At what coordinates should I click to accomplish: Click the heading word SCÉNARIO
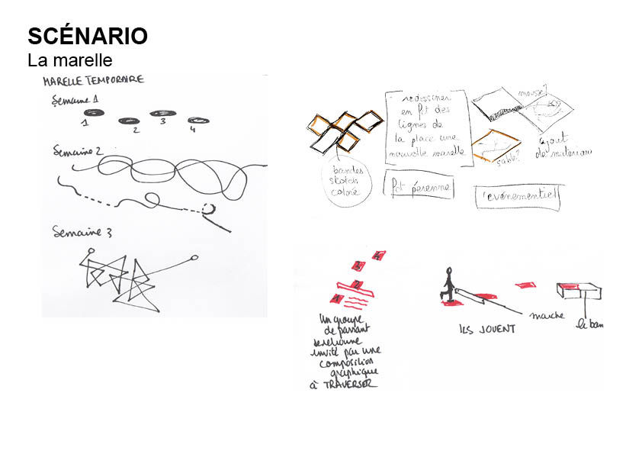(88, 36)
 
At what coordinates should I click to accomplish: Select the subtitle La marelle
(70, 60)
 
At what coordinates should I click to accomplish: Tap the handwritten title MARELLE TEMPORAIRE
(93, 80)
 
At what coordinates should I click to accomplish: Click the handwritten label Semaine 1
(75, 101)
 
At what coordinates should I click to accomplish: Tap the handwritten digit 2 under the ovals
(136, 130)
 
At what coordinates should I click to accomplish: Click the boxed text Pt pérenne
(418, 187)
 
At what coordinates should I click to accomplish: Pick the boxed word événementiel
(518, 197)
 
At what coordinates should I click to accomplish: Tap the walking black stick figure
(448, 285)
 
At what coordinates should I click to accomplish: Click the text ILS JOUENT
(487, 330)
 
